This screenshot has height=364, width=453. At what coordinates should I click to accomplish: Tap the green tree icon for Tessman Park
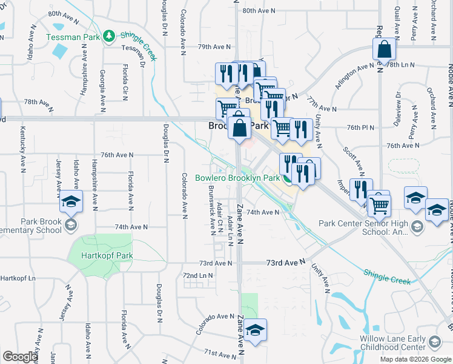pyautogui.click(x=109, y=36)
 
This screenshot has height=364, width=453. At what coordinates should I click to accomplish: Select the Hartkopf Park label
pyautogui.click(x=108, y=255)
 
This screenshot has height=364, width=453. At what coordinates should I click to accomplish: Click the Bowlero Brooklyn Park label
pyautogui.click(x=237, y=178)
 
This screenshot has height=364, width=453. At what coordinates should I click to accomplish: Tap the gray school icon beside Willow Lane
pyautogui.click(x=434, y=343)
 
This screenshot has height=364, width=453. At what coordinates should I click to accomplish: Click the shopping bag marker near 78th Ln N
pyautogui.click(x=385, y=50)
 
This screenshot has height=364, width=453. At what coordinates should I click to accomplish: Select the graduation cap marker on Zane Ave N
pyautogui.click(x=256, y=329)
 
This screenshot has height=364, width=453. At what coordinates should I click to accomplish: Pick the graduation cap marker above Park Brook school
pyautogui.click(x=71, y=201)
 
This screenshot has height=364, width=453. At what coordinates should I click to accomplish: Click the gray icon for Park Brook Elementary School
pyautogui.click(x=71, y=226)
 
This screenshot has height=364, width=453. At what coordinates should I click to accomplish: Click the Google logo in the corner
pyautogui.click(x=20, y=357)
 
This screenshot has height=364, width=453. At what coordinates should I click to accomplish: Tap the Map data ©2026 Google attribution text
pyautogui.click(x=415, y=359)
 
